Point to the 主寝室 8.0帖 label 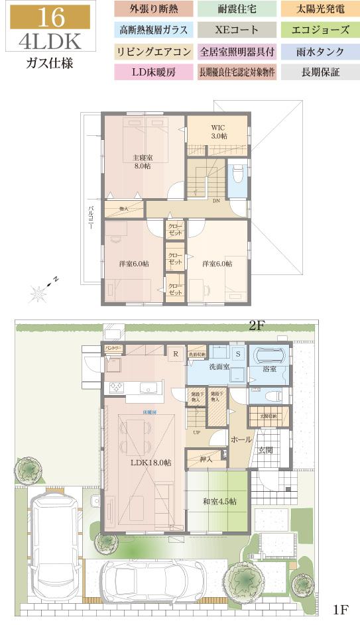point(142,162)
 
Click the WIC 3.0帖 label point(219,131)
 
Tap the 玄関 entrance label point(267,451)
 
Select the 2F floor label point(257,325)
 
